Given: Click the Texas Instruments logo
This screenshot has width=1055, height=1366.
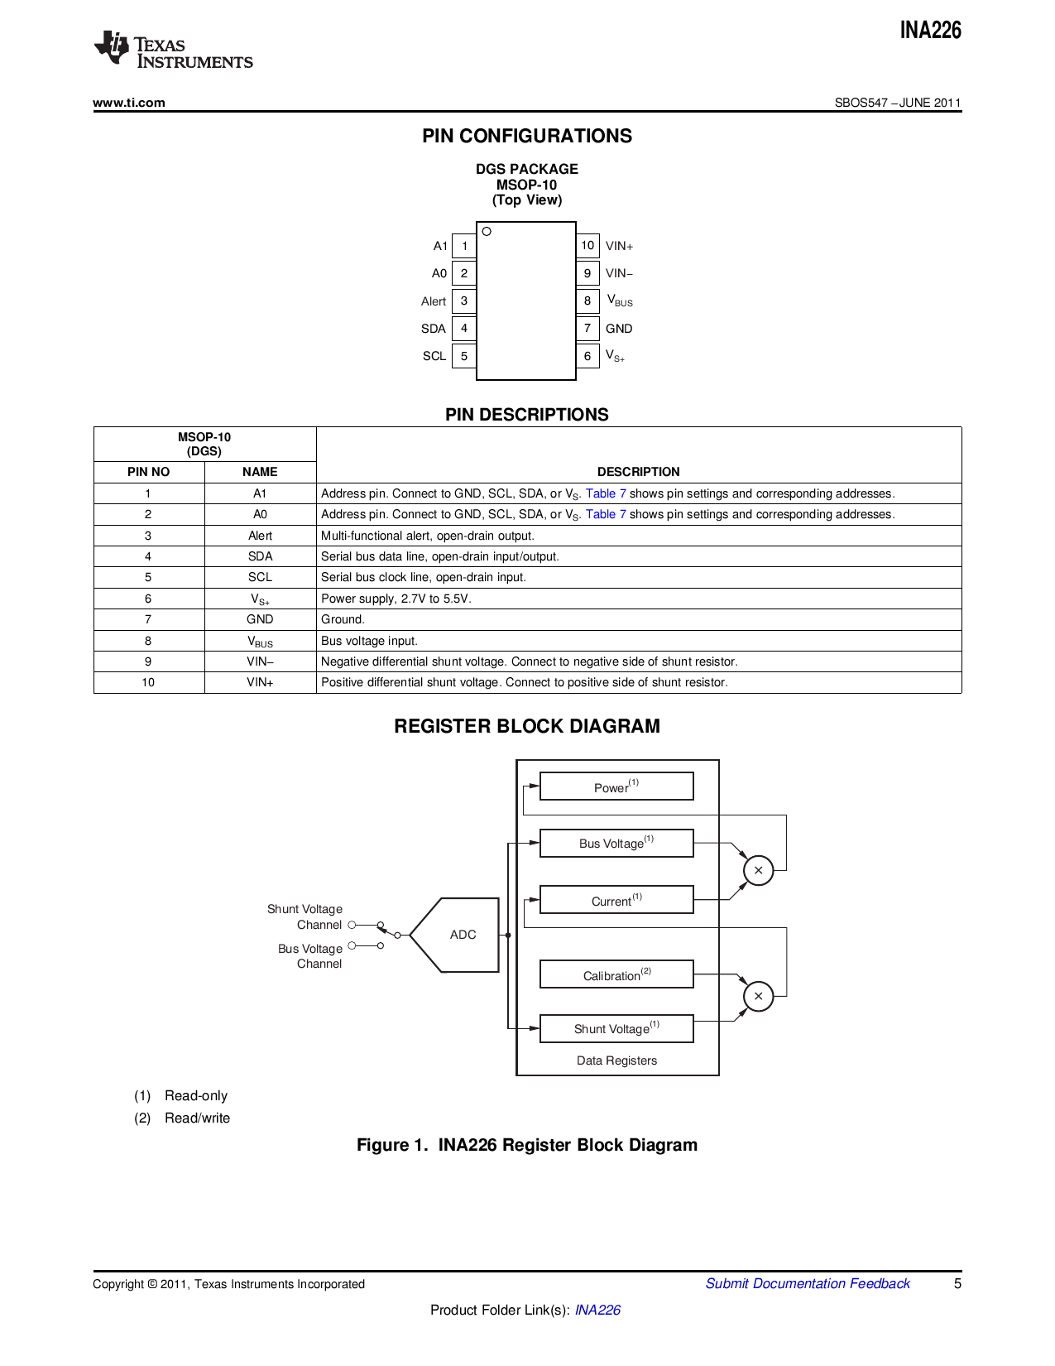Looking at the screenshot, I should click(173, 50).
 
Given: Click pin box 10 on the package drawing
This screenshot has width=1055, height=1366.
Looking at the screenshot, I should click(587, 246).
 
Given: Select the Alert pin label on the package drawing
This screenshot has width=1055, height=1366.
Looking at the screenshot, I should click(434, 301).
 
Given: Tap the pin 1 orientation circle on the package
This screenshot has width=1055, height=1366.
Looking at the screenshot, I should click(487, 232).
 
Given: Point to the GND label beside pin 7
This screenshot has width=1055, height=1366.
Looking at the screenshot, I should click(619, 329).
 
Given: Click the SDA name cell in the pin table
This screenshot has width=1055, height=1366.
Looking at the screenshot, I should click(260, 556).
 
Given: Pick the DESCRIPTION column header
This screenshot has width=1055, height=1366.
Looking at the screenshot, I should click(638, 472).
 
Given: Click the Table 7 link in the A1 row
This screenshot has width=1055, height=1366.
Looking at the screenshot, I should click(606, 493).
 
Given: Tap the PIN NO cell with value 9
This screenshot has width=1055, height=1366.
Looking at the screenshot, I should click(148, 661).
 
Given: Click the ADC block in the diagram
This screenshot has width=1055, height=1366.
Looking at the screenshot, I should click(461, 935).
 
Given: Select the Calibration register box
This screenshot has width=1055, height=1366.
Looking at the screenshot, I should click(616, 974).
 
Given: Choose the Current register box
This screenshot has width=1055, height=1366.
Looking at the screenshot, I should click(616, 900).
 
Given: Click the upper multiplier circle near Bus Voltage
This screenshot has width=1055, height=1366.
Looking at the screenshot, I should click(758, 870).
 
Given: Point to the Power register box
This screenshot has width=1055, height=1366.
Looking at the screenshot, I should click(616, 786).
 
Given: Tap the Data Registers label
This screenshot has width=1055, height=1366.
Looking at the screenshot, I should click(616, 1061).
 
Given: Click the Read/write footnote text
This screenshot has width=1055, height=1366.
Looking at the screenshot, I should click(197, 1118).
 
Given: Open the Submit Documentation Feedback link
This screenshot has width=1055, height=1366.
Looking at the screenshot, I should click(808, 1283).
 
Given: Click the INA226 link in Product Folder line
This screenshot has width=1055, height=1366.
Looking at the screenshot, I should click(597, 1310).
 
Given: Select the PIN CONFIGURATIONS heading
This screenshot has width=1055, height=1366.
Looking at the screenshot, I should click(527, 136).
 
